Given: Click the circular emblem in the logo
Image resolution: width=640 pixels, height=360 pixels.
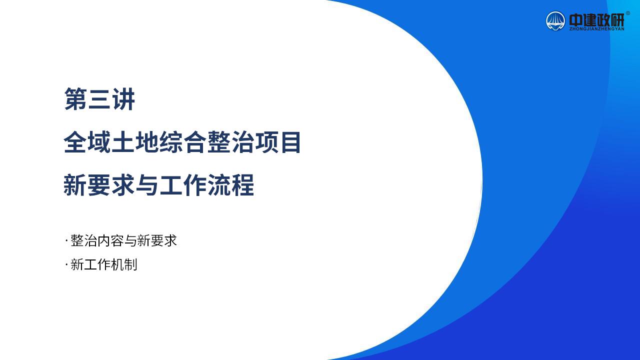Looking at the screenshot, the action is point(555,21).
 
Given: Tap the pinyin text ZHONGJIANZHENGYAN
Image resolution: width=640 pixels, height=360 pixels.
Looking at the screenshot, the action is point(596,29).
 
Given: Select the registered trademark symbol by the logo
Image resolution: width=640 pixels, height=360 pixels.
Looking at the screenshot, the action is point(627,13).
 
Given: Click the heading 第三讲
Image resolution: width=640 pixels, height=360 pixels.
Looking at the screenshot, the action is point(99,99).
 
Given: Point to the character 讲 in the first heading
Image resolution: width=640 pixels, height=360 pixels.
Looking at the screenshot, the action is point(123,99).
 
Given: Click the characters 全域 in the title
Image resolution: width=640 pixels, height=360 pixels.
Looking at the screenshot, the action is point(87,142).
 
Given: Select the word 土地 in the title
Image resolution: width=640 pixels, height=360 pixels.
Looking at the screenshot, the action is point(135,142).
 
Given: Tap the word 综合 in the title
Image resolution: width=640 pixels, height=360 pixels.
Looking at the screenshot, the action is point(182,142).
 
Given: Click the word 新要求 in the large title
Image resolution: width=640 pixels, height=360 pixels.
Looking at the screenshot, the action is point(99,185).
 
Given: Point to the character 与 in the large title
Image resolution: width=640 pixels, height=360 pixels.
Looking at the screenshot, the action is point(147,185).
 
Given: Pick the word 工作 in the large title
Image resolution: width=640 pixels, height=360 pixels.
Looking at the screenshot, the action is point(182,185).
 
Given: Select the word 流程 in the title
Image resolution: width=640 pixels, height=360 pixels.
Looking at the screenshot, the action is point(230,185).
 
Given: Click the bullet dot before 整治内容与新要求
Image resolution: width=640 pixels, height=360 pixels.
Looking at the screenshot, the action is point(66,241).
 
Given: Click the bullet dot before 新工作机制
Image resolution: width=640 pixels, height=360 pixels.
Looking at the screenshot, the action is point(66,265).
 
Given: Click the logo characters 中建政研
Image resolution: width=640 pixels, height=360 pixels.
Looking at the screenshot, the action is point(596,19).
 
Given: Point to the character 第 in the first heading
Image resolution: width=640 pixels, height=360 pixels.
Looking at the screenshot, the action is point(75,99).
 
